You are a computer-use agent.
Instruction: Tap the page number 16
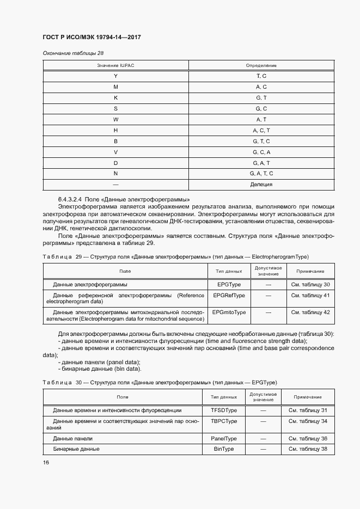46,462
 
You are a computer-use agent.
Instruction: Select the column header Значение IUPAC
115,66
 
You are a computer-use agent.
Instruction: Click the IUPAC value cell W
115,119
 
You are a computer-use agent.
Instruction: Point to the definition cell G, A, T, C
261,173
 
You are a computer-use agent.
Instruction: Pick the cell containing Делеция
261,184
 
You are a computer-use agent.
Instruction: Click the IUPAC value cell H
115,130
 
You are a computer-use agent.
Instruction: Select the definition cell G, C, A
261,152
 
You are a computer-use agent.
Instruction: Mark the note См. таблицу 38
308,449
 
